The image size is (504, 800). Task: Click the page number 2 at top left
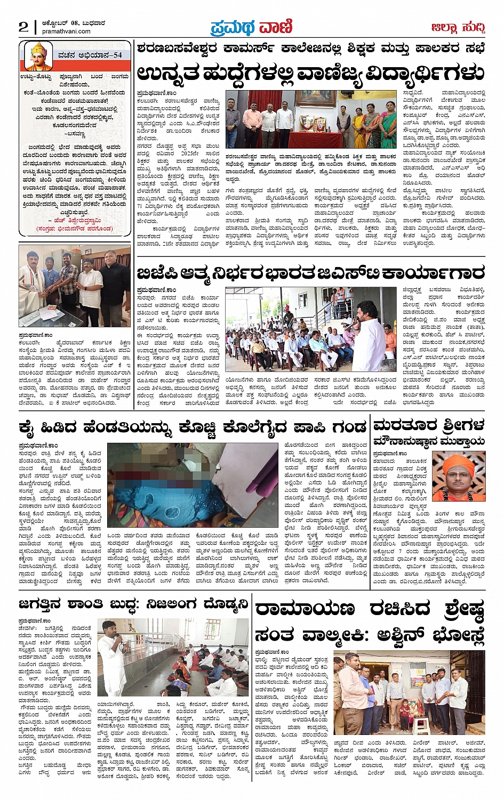pos(23,26)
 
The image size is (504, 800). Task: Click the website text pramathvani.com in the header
pos(66,31)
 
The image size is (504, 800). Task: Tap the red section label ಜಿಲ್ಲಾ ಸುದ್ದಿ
pos(458,27)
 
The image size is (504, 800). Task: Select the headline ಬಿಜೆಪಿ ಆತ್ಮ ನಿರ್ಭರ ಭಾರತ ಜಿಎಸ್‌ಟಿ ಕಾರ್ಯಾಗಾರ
pos(310,273)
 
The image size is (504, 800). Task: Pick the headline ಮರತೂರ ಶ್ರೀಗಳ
pos(429,425)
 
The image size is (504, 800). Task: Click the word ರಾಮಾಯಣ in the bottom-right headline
pos(305,609)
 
